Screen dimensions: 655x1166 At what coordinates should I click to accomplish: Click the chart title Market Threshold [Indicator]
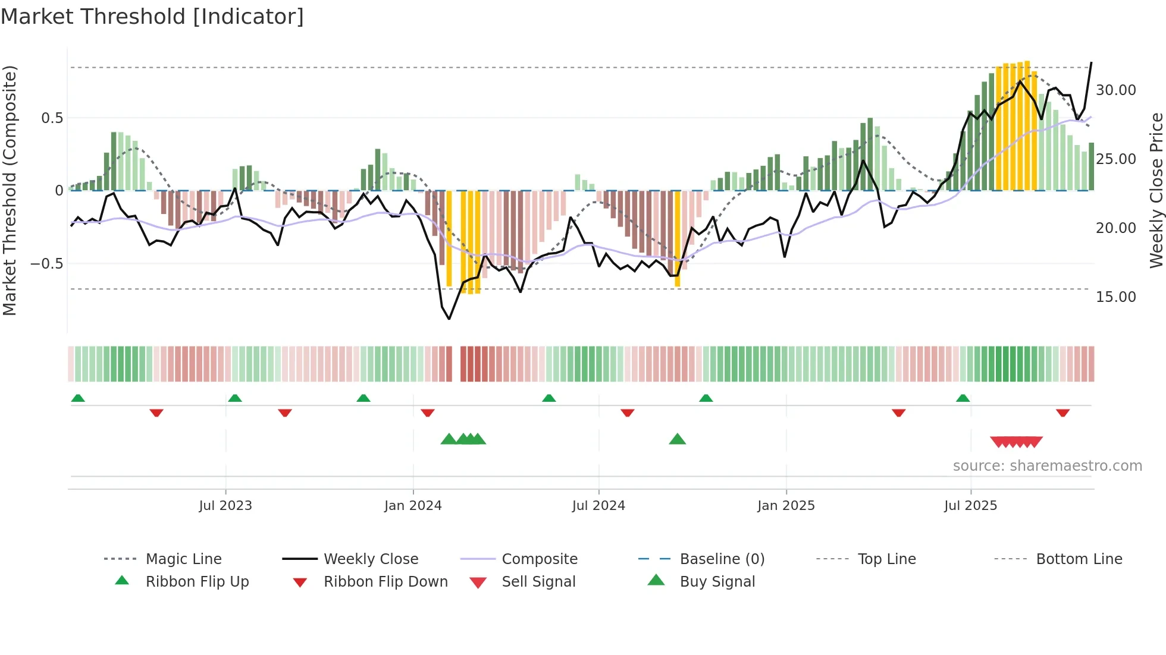152,17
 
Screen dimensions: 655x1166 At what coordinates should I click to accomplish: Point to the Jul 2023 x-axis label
225,506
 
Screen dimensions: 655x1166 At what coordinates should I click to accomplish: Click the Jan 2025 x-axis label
786,506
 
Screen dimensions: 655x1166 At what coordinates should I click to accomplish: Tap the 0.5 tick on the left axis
52,118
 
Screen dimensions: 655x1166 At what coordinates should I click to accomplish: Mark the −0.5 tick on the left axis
47,263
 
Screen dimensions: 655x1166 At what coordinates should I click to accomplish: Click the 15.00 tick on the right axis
1115,297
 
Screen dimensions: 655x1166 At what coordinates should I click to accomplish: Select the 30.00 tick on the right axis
1115,90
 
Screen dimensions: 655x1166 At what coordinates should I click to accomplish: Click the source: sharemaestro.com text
1047,466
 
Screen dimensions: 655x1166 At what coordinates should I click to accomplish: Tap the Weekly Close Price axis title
1156,190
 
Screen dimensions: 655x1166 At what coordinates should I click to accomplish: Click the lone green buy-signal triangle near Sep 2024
677,439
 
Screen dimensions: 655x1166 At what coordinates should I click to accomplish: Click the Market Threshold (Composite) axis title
10,190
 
